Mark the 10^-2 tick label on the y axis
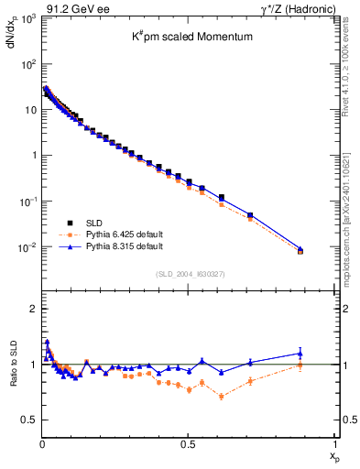click(25, 246)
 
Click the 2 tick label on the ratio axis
click(31, 309)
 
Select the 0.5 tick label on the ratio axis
click(27, 420)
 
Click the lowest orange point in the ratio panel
click(222, 397)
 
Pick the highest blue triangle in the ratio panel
click(47, 342)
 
